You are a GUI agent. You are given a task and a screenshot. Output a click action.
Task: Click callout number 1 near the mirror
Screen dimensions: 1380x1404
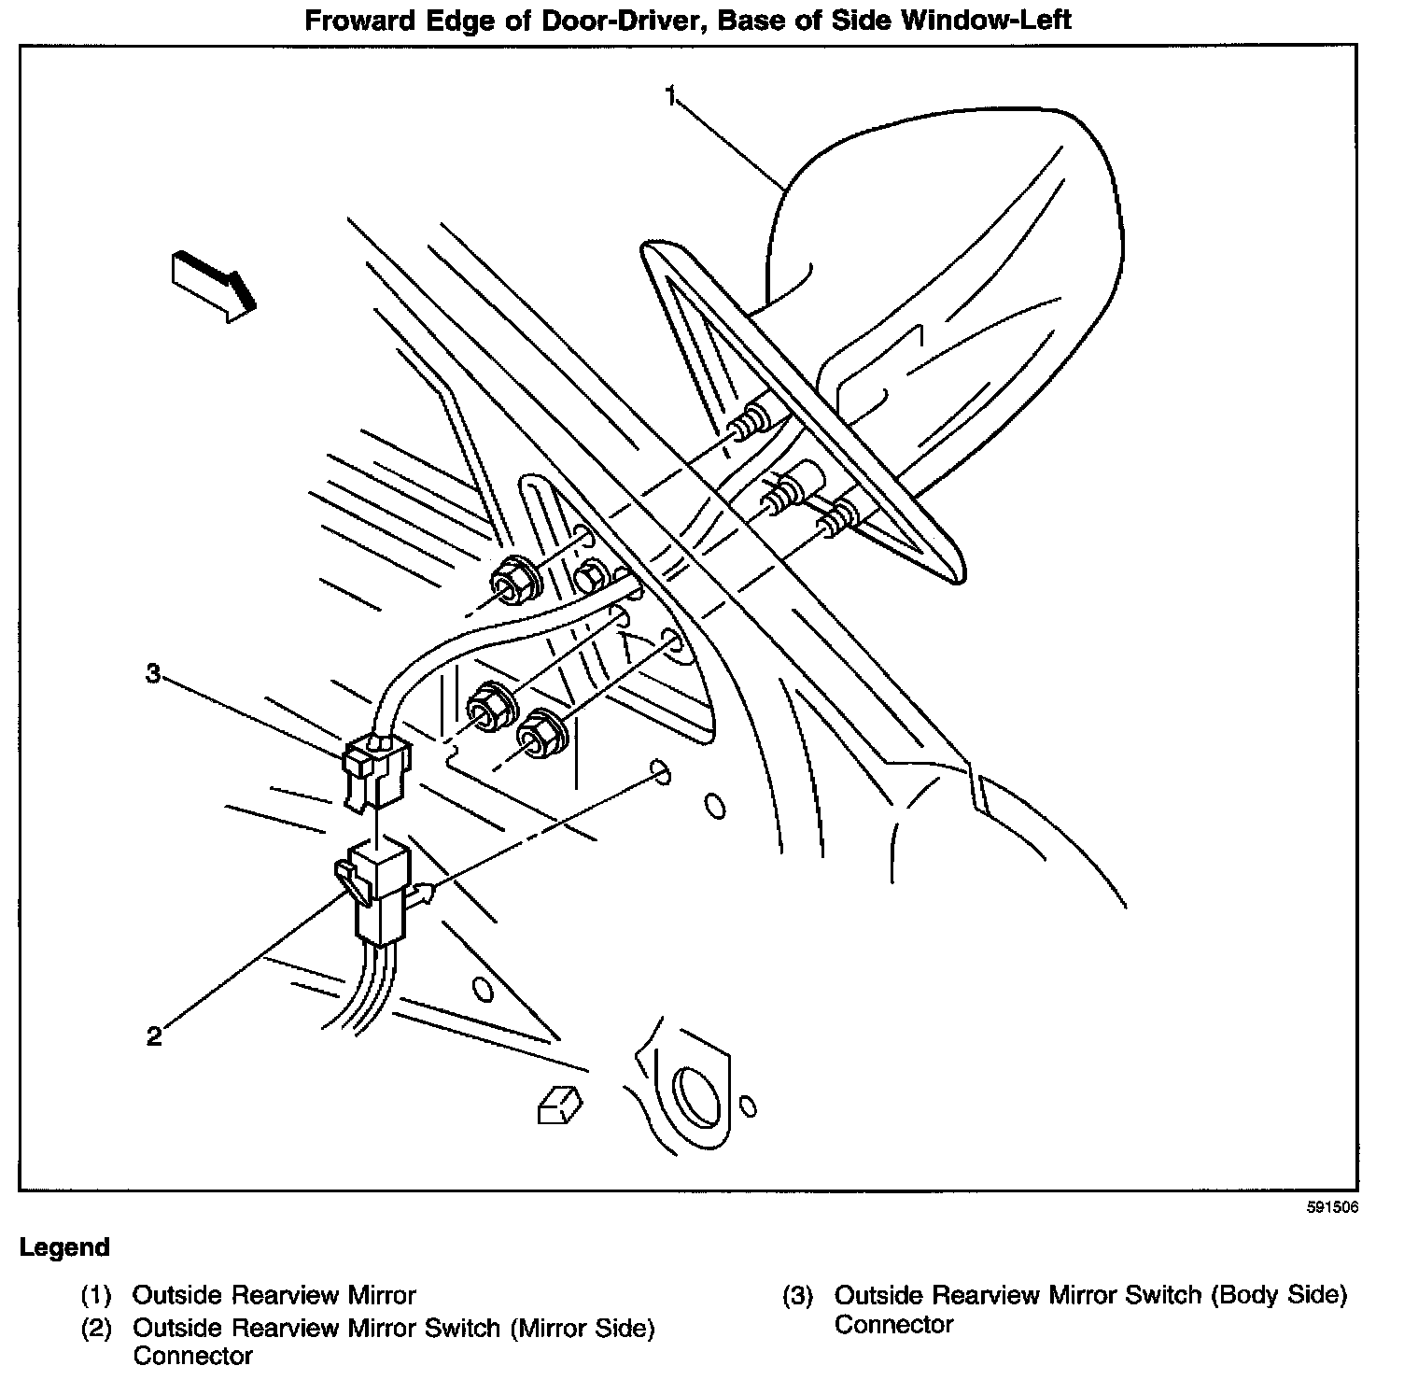coord(671,95)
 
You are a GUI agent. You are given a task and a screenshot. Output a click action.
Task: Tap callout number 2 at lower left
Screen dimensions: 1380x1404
coord(155,1035)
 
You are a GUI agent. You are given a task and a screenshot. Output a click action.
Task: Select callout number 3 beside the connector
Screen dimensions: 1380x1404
coord(154,672)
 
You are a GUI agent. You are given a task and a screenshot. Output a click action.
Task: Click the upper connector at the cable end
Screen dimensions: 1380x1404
coord(375,771)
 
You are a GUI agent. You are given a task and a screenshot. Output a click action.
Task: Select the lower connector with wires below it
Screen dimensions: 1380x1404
coord(375,887)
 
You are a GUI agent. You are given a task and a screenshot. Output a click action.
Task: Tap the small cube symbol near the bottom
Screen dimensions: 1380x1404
coord(559,1104)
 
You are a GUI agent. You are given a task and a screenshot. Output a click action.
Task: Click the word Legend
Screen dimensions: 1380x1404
coord(64,1247)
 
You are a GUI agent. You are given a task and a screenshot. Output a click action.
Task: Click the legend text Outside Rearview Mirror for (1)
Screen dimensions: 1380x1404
coord(274,1295)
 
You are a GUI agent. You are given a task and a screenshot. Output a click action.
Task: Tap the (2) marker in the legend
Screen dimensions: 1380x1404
coord(96,1327)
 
